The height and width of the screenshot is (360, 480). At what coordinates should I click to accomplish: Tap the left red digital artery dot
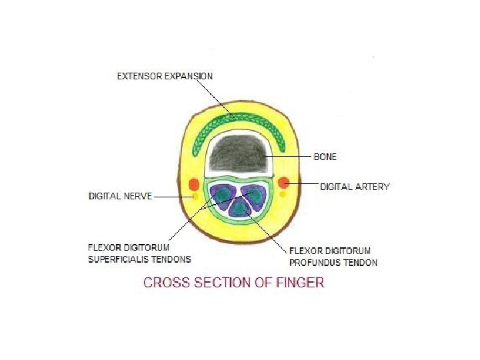(194, 184)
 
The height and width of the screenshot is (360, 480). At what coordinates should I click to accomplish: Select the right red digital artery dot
(283, 182)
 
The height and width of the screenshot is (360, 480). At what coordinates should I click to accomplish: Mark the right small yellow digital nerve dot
(283, 195)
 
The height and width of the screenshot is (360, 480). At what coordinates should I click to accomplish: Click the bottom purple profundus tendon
(239, 208)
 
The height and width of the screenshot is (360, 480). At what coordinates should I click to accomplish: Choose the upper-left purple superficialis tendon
(222, 193)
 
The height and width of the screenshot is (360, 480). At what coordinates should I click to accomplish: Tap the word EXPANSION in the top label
(189, 76)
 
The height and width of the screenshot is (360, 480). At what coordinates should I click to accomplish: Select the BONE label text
(325, 157)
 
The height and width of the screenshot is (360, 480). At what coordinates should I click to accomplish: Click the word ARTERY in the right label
(373, 187)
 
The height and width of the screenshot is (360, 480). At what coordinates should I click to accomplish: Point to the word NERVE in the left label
(138, 196)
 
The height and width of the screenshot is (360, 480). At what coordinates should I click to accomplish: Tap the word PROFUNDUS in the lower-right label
(315, 262)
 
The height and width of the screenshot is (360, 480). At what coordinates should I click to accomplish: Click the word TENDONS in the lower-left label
(171, 259)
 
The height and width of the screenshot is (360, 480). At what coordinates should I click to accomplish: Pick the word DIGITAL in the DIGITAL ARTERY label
(337, 187)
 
